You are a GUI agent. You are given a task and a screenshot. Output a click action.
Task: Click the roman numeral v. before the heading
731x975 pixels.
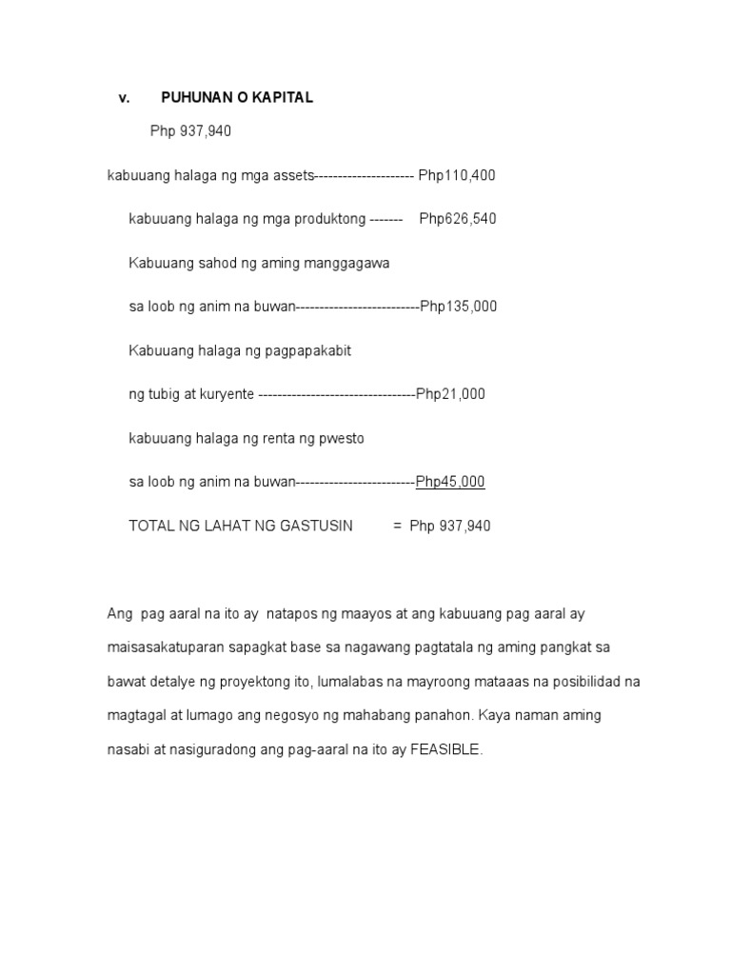click(124, 98)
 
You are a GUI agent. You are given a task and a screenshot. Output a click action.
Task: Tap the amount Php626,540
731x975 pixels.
click(458, 219)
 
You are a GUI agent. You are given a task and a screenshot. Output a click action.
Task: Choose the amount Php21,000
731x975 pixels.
click(450, 394)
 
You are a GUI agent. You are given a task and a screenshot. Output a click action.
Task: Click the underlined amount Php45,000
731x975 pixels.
click(450, 482)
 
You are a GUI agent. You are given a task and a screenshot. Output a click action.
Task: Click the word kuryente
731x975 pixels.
click(224, 394)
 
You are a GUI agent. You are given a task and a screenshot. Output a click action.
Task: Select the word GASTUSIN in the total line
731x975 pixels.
click(312, 526)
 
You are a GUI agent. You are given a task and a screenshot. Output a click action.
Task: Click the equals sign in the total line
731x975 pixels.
click(397, 526)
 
